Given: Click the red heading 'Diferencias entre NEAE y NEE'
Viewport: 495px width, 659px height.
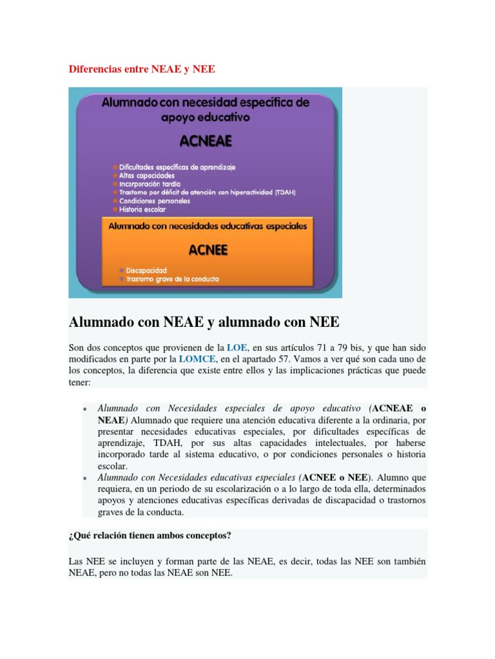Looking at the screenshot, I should click(141, 69).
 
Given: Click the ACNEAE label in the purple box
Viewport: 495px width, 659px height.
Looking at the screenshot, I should click(208, 141).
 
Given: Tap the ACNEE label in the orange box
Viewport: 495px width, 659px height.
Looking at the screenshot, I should click(208, 250).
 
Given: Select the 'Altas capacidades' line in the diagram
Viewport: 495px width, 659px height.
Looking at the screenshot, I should click(146, 175).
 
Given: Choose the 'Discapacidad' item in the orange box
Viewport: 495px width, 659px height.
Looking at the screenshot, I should click(146, 270).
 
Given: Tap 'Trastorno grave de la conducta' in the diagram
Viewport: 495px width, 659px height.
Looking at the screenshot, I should click(169, 279).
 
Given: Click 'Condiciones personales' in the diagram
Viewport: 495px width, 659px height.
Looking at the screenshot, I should click(154, 201).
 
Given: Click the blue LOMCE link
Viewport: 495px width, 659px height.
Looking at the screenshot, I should click(197, 359).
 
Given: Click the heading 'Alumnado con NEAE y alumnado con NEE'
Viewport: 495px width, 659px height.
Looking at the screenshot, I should click(204, 322).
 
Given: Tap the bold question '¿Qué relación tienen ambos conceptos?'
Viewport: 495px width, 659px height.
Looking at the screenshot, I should click(150, 535).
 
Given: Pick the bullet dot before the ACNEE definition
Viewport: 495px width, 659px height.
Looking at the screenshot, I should click(84, 479).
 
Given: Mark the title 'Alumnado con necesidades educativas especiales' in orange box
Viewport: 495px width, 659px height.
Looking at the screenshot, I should click(208, 227).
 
